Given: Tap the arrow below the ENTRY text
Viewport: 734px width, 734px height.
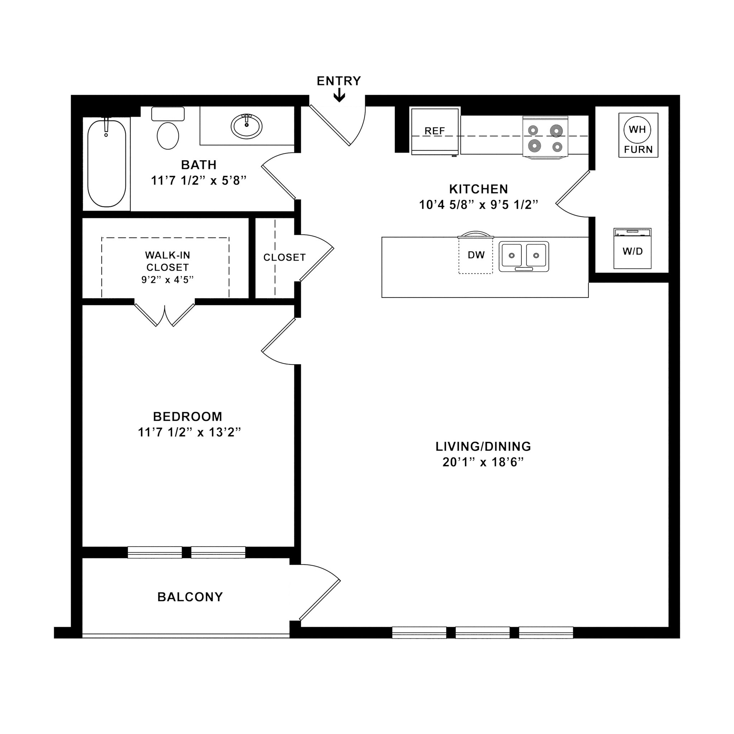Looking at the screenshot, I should coord(339,96).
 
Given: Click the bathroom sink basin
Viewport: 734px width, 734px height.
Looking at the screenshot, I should coord(247,126).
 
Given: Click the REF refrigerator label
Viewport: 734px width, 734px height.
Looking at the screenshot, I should coord(435,131).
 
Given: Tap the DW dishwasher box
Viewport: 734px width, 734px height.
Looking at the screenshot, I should coord(476,255).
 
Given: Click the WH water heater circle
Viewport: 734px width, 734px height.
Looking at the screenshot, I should coord(637,129).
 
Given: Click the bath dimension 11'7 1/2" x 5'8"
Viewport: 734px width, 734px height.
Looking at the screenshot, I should coord(199,181).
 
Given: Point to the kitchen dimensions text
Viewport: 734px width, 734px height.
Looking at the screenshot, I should coord(478,205).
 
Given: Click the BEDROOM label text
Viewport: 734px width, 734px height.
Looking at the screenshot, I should coord(188,416).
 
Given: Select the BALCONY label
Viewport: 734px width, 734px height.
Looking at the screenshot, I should coord(190,597).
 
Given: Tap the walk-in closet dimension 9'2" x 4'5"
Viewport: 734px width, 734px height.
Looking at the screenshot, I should coord(167,280).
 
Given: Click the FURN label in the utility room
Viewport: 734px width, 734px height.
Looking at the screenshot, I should coord(638,150).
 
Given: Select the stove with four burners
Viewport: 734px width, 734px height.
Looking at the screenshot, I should coord(545,137).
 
